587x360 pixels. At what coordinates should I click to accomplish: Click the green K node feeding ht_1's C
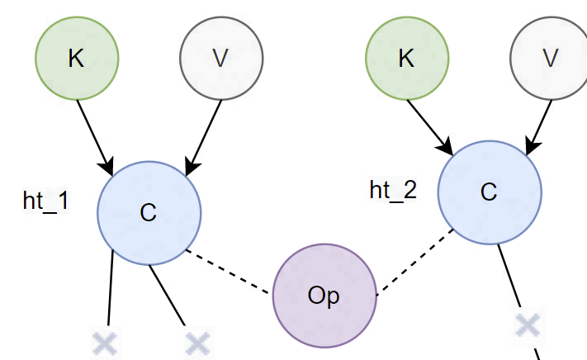(x=77, y=58)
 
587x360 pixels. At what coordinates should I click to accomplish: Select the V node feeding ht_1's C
(x=221, y=58)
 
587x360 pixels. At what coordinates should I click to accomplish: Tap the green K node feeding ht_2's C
(x=406, y=58)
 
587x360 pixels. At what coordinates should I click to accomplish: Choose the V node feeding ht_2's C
(x=551, y=58)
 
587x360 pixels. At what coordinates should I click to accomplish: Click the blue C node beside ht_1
(x=149, y=212)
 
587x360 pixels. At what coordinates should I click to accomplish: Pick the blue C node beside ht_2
(x=489, y=192)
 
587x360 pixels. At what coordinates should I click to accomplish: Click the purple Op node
(x=324, y=296)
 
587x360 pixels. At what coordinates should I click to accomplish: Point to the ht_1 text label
(x=46, y=201)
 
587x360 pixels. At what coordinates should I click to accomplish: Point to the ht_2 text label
(x=393, y=190)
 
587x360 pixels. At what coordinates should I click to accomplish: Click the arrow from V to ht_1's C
(x=205, y=135)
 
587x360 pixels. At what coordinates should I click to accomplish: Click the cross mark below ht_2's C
(x=527, y=325)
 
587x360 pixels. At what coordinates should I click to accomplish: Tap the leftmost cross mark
(x=104, y=343)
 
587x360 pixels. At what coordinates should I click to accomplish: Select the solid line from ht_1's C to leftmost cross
(x=110, y=289)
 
